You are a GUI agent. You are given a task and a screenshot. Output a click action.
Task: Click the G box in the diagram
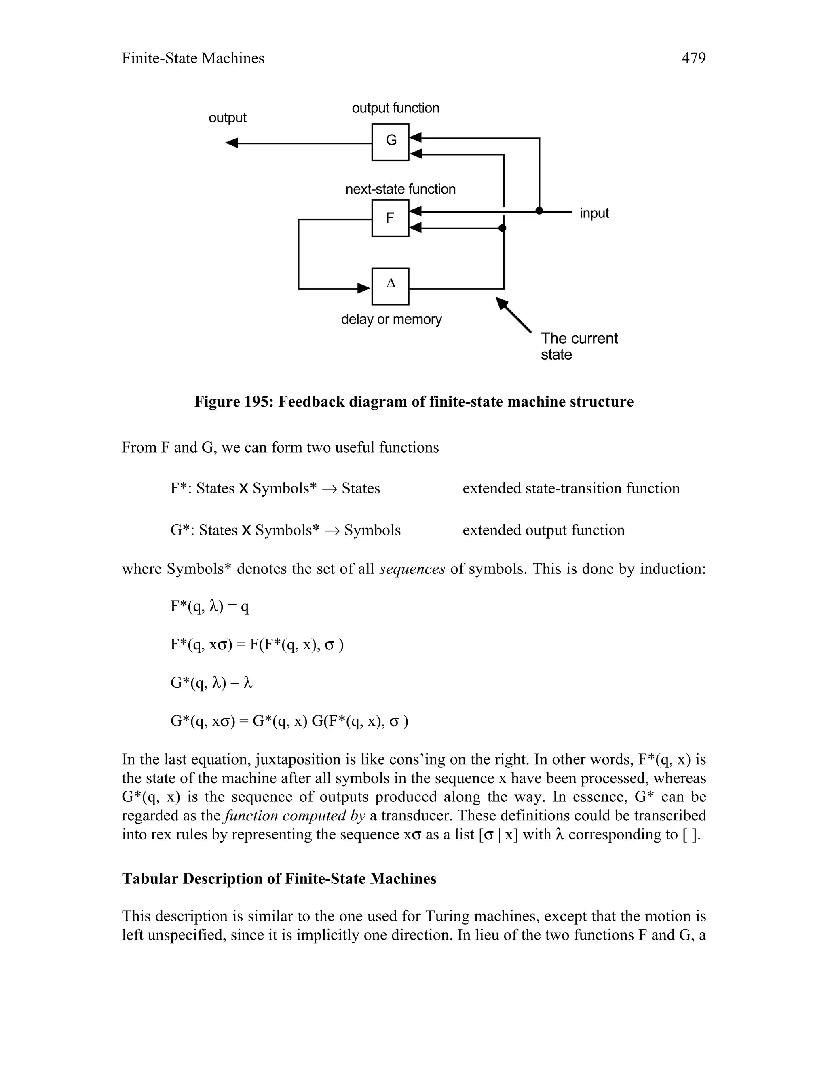pyautogui.click(x=391, y=142)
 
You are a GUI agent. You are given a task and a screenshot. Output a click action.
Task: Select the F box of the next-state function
pyautogui.click(x=391, y=218)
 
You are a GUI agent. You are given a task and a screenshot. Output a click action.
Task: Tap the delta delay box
pyautogui.click(x=391, y=286)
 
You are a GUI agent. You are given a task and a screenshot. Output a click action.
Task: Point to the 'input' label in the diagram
pyautogui.click(x=594, y=213)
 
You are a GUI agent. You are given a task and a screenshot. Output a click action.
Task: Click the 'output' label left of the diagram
pyautogui.click(x=228, y=118)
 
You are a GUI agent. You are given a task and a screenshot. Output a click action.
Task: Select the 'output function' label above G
pyautogui.click(x=395, y=108)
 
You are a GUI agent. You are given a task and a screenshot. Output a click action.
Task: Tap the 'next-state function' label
pyautogui.click(x=400, y=189)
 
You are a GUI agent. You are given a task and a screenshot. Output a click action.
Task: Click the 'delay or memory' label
pyautogui.click(x=391, y=319)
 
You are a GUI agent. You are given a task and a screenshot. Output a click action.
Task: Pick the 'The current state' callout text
pyautogui.click(x=579, y=346)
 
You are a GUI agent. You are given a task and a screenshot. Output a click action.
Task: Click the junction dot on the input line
pyautogui.click(x=539, y=211)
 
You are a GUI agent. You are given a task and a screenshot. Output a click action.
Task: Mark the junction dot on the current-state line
pyautogui.click(x=502, y=228)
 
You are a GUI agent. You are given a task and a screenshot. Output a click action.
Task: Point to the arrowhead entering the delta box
pyautogui.click(x=364, y=288)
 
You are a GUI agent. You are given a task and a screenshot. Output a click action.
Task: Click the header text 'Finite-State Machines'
pyautogui.click(x=193, y=58)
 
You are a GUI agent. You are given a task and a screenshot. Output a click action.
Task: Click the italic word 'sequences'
pyautogui.click(x=412, y=569)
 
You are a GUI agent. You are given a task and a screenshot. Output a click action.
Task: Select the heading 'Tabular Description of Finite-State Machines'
pyautogui.click(x=279, y=878)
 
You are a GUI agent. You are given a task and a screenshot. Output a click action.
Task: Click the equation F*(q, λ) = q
pyautogui.click(x=209, y=607)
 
